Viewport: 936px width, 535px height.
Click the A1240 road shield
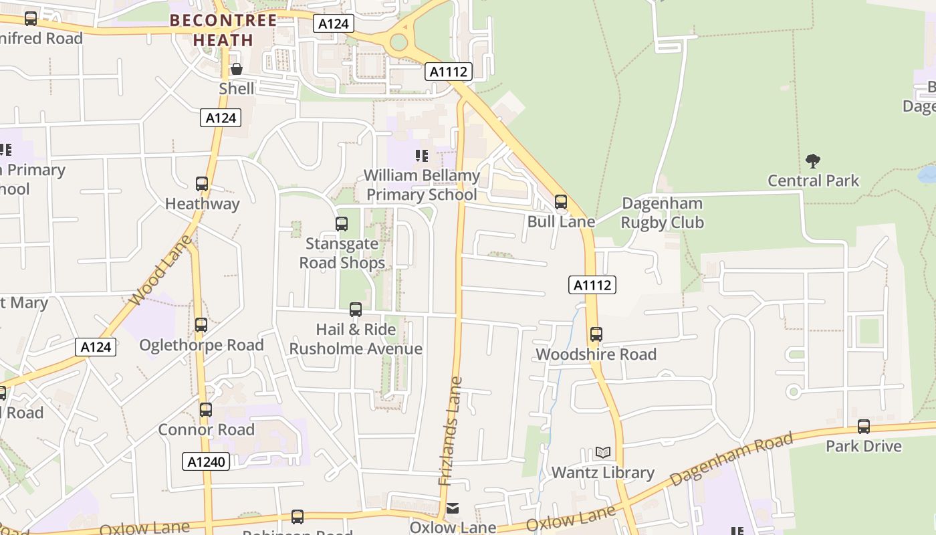206,461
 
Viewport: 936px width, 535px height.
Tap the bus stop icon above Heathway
202,184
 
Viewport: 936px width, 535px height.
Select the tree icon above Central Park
813,160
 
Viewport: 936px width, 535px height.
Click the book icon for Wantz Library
603,453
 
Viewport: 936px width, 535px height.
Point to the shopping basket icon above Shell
237,69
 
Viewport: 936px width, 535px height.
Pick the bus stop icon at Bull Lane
561,202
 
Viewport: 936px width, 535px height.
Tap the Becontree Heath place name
223,30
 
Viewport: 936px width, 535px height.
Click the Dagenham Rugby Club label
663,213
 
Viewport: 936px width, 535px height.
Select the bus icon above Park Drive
864,426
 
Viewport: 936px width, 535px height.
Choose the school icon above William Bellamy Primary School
422,156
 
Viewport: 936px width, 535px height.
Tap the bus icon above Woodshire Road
596,334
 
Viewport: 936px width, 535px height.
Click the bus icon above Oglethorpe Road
201,325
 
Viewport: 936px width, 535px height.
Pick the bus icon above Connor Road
206,409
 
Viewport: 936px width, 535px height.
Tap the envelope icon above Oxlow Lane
453,508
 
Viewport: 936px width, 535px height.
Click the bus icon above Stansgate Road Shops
342,224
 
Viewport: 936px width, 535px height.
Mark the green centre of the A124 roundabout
399,42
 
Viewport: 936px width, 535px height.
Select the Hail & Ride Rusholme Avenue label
356,339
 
